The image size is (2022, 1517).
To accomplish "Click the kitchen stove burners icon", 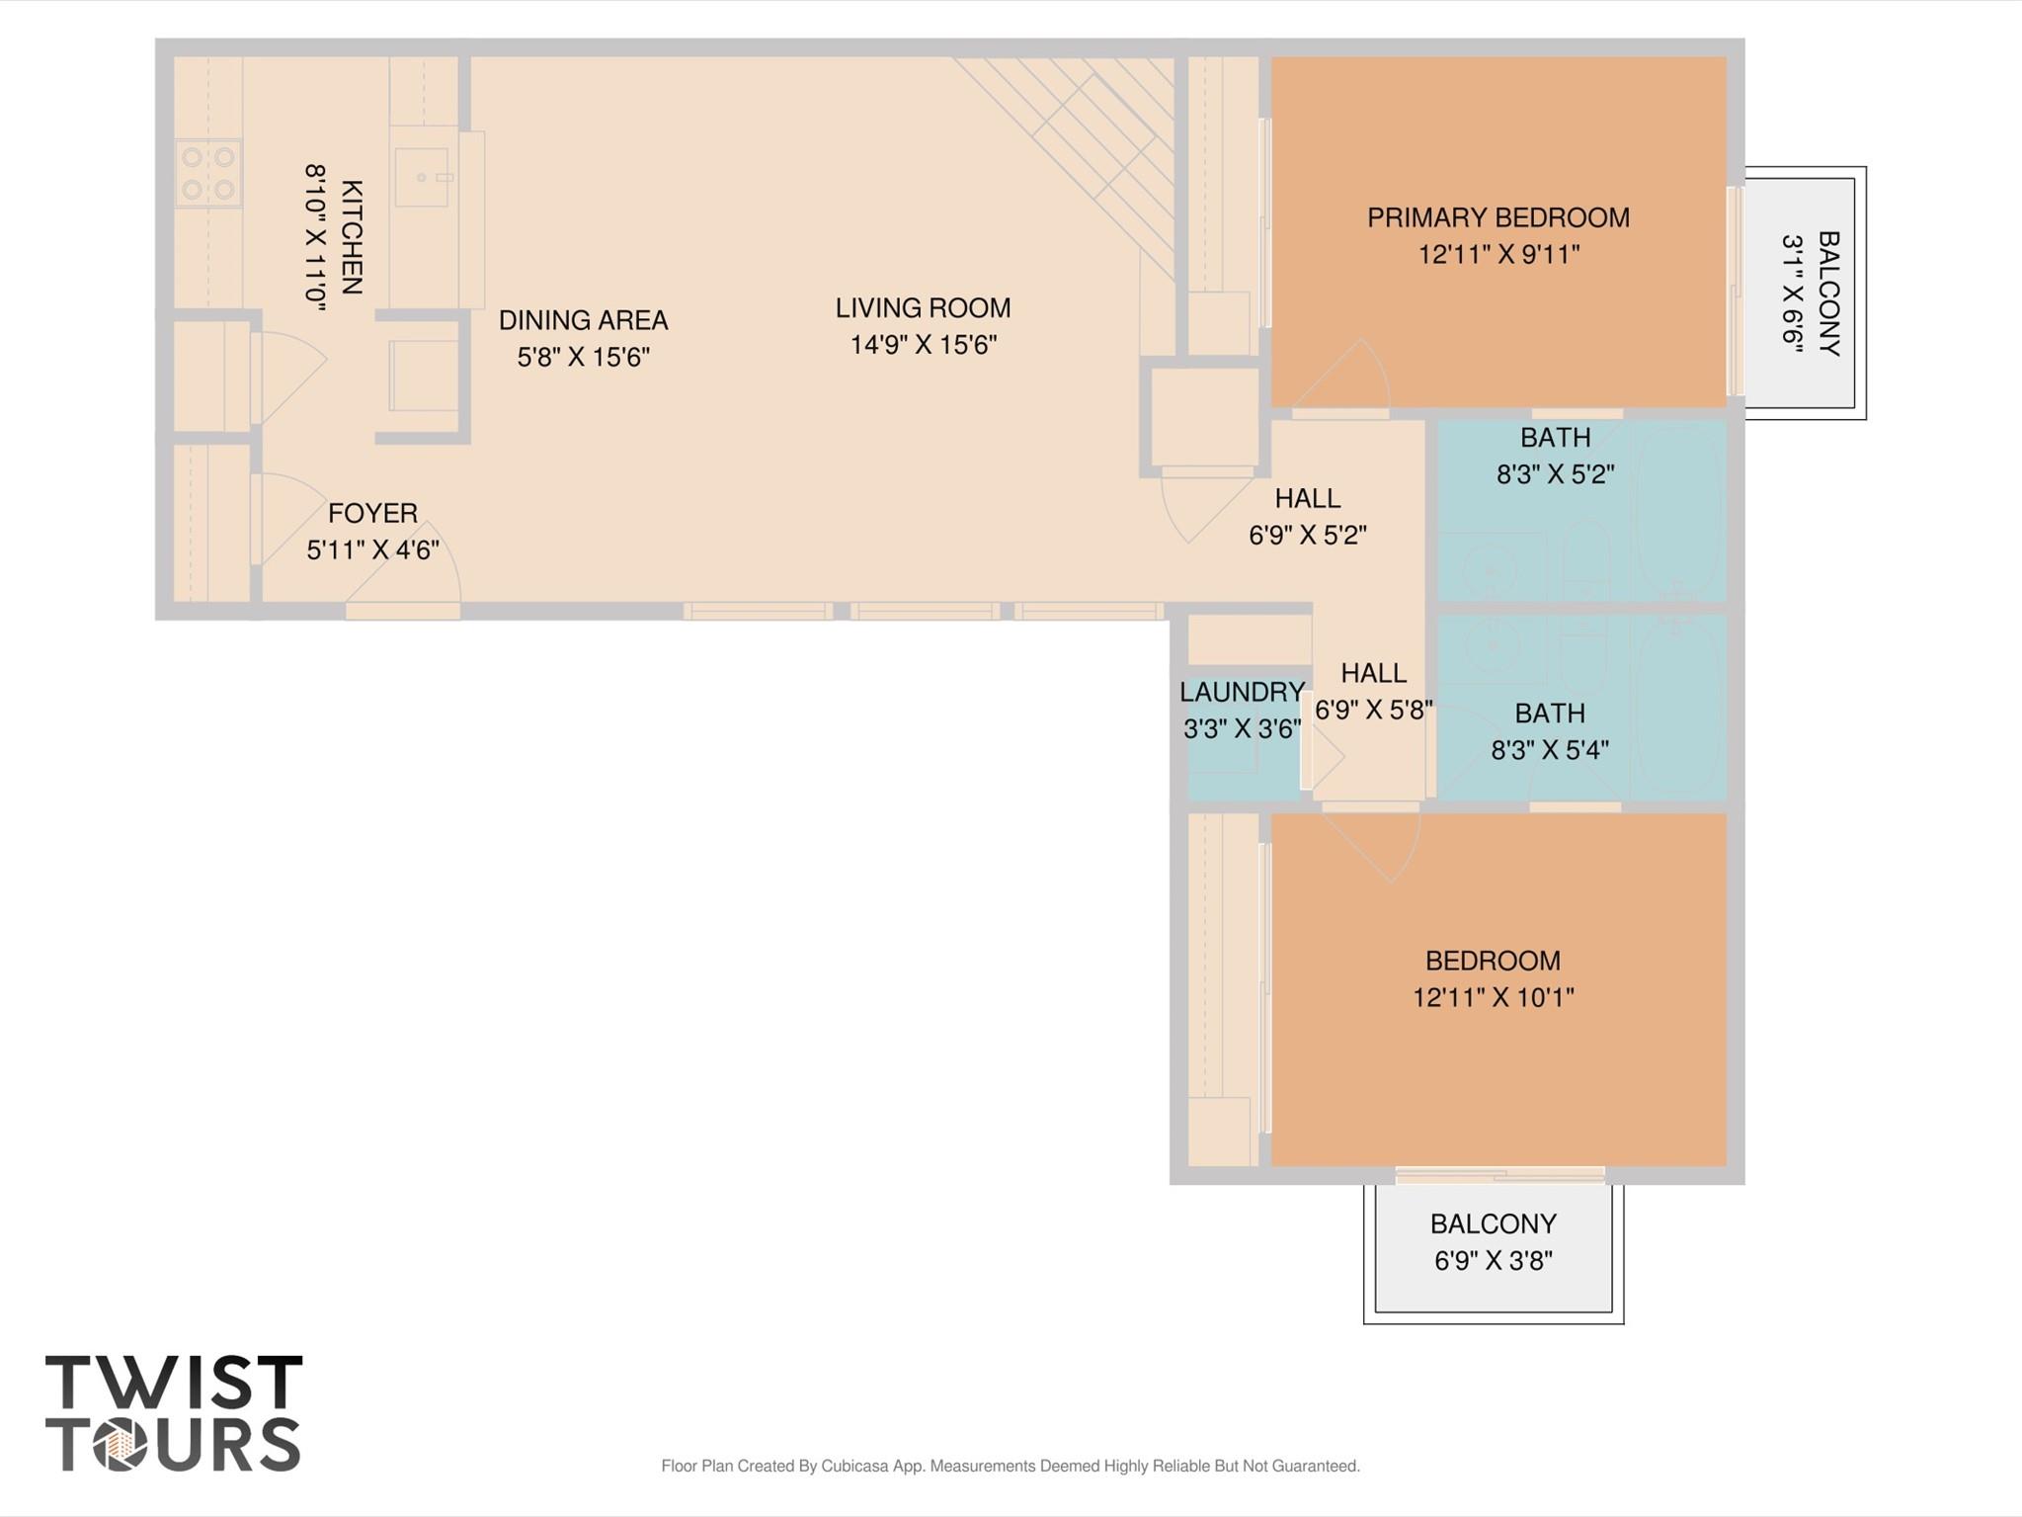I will coord(208,173).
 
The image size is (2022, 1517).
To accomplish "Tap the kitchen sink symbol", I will coord(422,178).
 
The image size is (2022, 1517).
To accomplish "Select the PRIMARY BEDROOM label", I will coord(1497,218).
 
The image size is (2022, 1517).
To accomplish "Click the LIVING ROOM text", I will coord(923,308).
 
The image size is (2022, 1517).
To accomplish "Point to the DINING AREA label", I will coord(583,320).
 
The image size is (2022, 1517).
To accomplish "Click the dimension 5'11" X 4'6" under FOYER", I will coord(372,550).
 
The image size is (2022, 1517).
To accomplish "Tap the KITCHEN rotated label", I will coord(352,237).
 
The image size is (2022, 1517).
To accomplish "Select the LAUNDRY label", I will coord(1242,692).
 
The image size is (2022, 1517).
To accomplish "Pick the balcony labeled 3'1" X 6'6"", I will coord(1804,293).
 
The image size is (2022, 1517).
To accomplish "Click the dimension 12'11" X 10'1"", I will coord(1493,997).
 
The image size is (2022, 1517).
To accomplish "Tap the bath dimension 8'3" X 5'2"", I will coord(1555,474).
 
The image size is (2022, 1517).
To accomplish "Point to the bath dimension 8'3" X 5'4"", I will coord(1549,750).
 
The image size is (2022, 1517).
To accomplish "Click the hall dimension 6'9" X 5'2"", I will coord(1307,535).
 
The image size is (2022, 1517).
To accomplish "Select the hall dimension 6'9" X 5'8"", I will coord(1373,710).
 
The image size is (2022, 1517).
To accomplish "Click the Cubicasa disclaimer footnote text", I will coord(1010,1466).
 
